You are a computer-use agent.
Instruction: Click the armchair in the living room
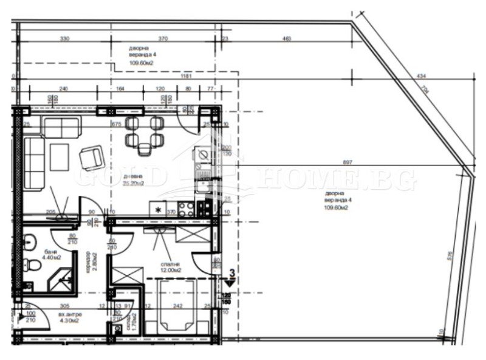[x=91, y=157]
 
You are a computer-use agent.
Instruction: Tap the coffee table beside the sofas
[x=60, y=156]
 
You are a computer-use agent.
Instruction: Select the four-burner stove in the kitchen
[x=204, y=207]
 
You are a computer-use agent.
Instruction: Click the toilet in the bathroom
[x=31, y=265]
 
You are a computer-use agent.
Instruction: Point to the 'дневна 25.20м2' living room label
[x=132, y=177]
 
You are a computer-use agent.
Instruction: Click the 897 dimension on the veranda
[x=347, y=163]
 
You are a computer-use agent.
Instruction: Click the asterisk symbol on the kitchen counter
[x=158, y=210]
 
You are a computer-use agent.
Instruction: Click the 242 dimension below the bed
[x=177, y=306]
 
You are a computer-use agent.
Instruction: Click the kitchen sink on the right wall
[x=203, y=156]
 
